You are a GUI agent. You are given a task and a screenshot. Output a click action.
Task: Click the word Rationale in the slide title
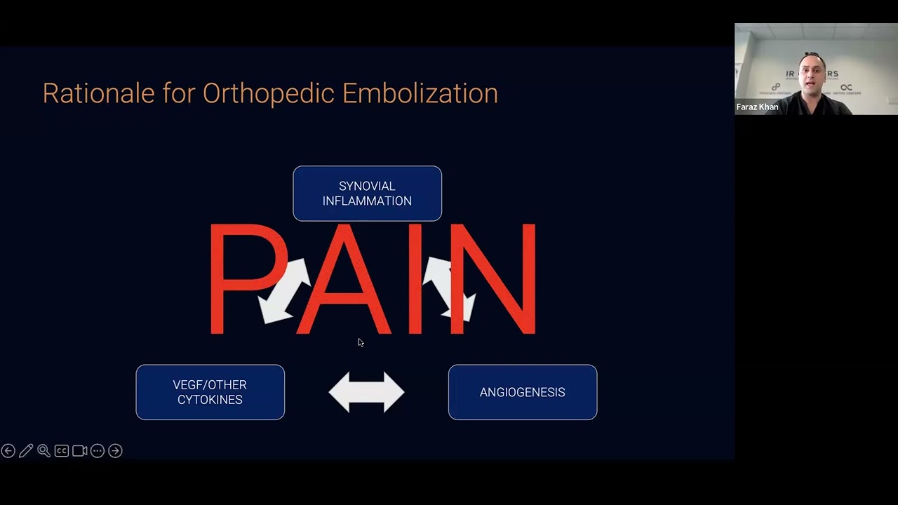[98, 93]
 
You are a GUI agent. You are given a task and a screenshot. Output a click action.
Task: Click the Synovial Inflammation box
[367, 194]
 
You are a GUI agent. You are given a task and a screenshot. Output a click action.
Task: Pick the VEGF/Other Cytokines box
[210, 392]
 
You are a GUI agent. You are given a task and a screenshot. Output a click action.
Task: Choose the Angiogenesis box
[523, 392]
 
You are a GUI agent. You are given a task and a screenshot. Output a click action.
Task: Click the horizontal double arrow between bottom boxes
[366, 392]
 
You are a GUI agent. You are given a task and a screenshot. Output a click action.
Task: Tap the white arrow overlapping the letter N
[449, 288]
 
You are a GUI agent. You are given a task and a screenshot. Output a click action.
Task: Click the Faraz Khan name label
[757, 107]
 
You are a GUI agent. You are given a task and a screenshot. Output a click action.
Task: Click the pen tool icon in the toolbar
[26, 451]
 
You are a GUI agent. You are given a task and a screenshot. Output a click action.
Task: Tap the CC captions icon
[62, 451]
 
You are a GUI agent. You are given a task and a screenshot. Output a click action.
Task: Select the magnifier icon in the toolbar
[43, 451]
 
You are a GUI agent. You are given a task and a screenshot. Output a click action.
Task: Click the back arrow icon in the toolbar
[8, 451]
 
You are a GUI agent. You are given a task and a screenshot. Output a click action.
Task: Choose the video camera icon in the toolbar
[79, 451]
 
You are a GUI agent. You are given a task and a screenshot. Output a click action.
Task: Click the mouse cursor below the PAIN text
[360, 342]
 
